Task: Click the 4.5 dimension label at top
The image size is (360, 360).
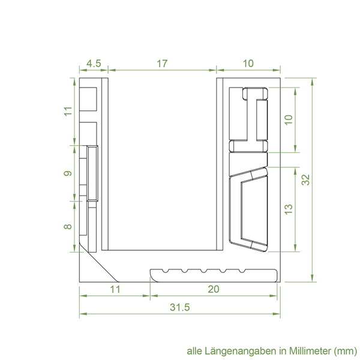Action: tap(94, 64)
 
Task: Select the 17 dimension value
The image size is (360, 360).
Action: tap(162, 64)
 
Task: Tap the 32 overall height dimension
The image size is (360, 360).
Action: tap(306, 180)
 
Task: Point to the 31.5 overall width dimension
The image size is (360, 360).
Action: tap(180, 307)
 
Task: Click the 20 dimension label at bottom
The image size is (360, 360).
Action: tap(214, 289)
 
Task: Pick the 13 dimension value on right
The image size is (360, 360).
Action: tap(289, 209)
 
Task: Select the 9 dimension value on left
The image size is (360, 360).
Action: tap(68, 173)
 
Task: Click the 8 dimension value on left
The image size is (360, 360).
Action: tap(68, 227)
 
